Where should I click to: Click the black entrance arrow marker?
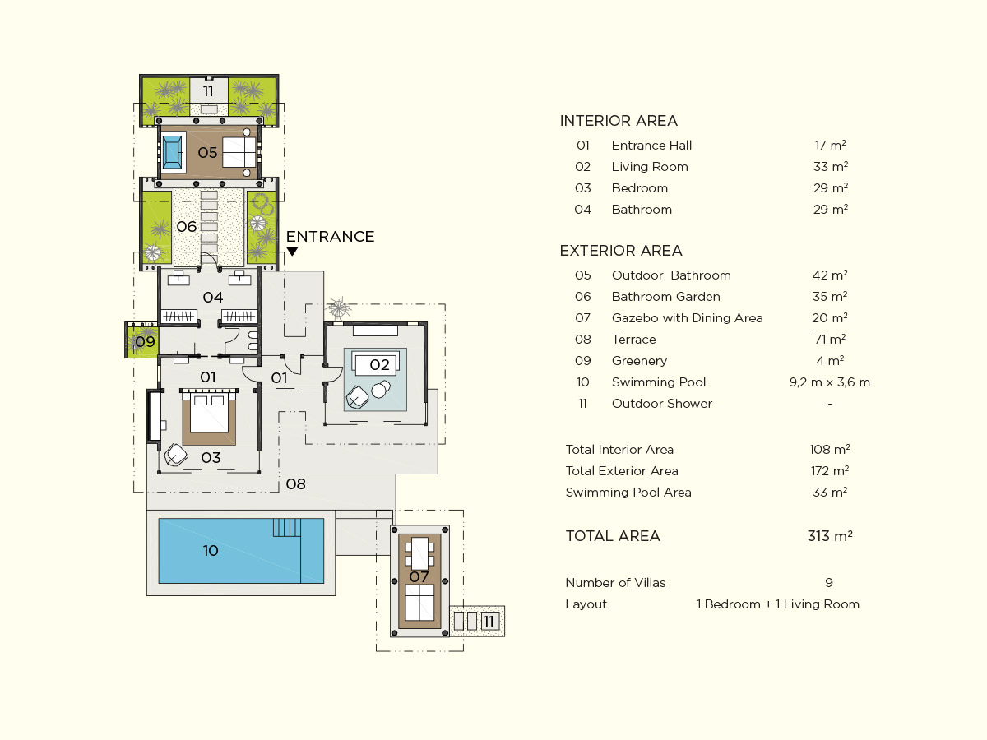(x=292, y=251)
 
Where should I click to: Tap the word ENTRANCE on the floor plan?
(x=330, y=236)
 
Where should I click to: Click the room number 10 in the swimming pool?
(x=211, y=550)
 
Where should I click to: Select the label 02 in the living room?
(x=379, y=364)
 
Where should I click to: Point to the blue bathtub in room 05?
(x=172, y=152)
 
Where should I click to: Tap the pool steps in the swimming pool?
(x=286, y=528)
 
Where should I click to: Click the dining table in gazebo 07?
(x=419, y=553)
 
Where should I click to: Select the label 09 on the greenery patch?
(x=146, y=342)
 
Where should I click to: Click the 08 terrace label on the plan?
(x=295, y=484)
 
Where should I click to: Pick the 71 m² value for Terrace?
(x=830, y=339)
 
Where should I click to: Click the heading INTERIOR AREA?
(x=619, y=120)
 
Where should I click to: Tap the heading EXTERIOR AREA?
(x=621, y=250)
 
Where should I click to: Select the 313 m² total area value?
(x=830, y=535)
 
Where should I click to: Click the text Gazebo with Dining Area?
(x=687, y=317)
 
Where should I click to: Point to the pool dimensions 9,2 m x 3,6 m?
(x=830, y=382)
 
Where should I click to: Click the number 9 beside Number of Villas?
(x=829, y=583)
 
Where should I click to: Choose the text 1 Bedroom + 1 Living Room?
(x=778, y=604)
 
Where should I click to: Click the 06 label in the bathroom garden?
(x=186, y=226)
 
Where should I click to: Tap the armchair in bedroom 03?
(x=175, y=456)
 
